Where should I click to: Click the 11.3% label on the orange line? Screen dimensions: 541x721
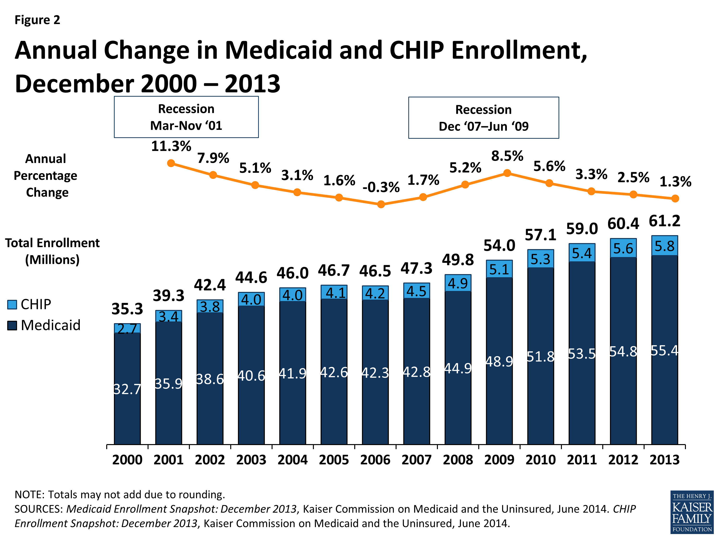pos(171,146)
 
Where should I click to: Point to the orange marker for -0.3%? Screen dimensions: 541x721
pos(381,204)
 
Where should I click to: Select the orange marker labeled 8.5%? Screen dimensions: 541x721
pos(507,173)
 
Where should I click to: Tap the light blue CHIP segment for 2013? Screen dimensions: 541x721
pos(664,245)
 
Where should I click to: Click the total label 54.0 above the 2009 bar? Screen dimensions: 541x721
pos(499,245)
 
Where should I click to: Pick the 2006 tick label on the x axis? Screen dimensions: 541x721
pos(375,460)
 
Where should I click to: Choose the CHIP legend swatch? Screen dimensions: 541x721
pos(12,305)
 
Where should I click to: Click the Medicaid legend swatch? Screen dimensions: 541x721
pos(12,326)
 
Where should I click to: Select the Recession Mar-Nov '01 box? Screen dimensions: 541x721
pos(186,117)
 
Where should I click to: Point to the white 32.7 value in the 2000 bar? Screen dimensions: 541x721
pos(127,389)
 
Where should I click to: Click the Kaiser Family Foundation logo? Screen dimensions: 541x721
pos(692,512)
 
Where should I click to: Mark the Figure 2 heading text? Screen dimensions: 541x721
pos(37,20)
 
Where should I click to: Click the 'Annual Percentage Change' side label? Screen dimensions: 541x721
pos(46,176)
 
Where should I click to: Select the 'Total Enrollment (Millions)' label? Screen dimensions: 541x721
pos(52,251)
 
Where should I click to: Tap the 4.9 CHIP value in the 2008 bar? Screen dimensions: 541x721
pos(458,283)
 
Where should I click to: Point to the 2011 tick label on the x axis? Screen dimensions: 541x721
pos(582,460)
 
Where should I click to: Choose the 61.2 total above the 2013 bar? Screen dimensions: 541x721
pos(664,221)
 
